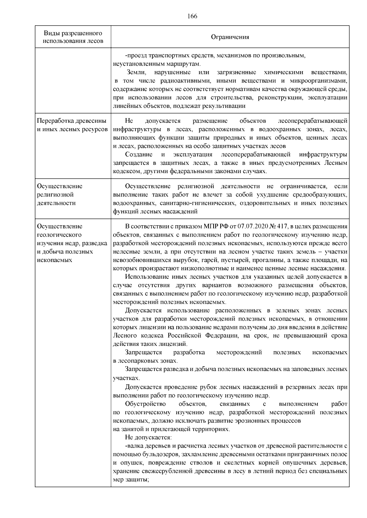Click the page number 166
[192, 16]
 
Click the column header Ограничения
[230, 37]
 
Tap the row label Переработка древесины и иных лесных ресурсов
[72, 125]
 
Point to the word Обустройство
[145, 404]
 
